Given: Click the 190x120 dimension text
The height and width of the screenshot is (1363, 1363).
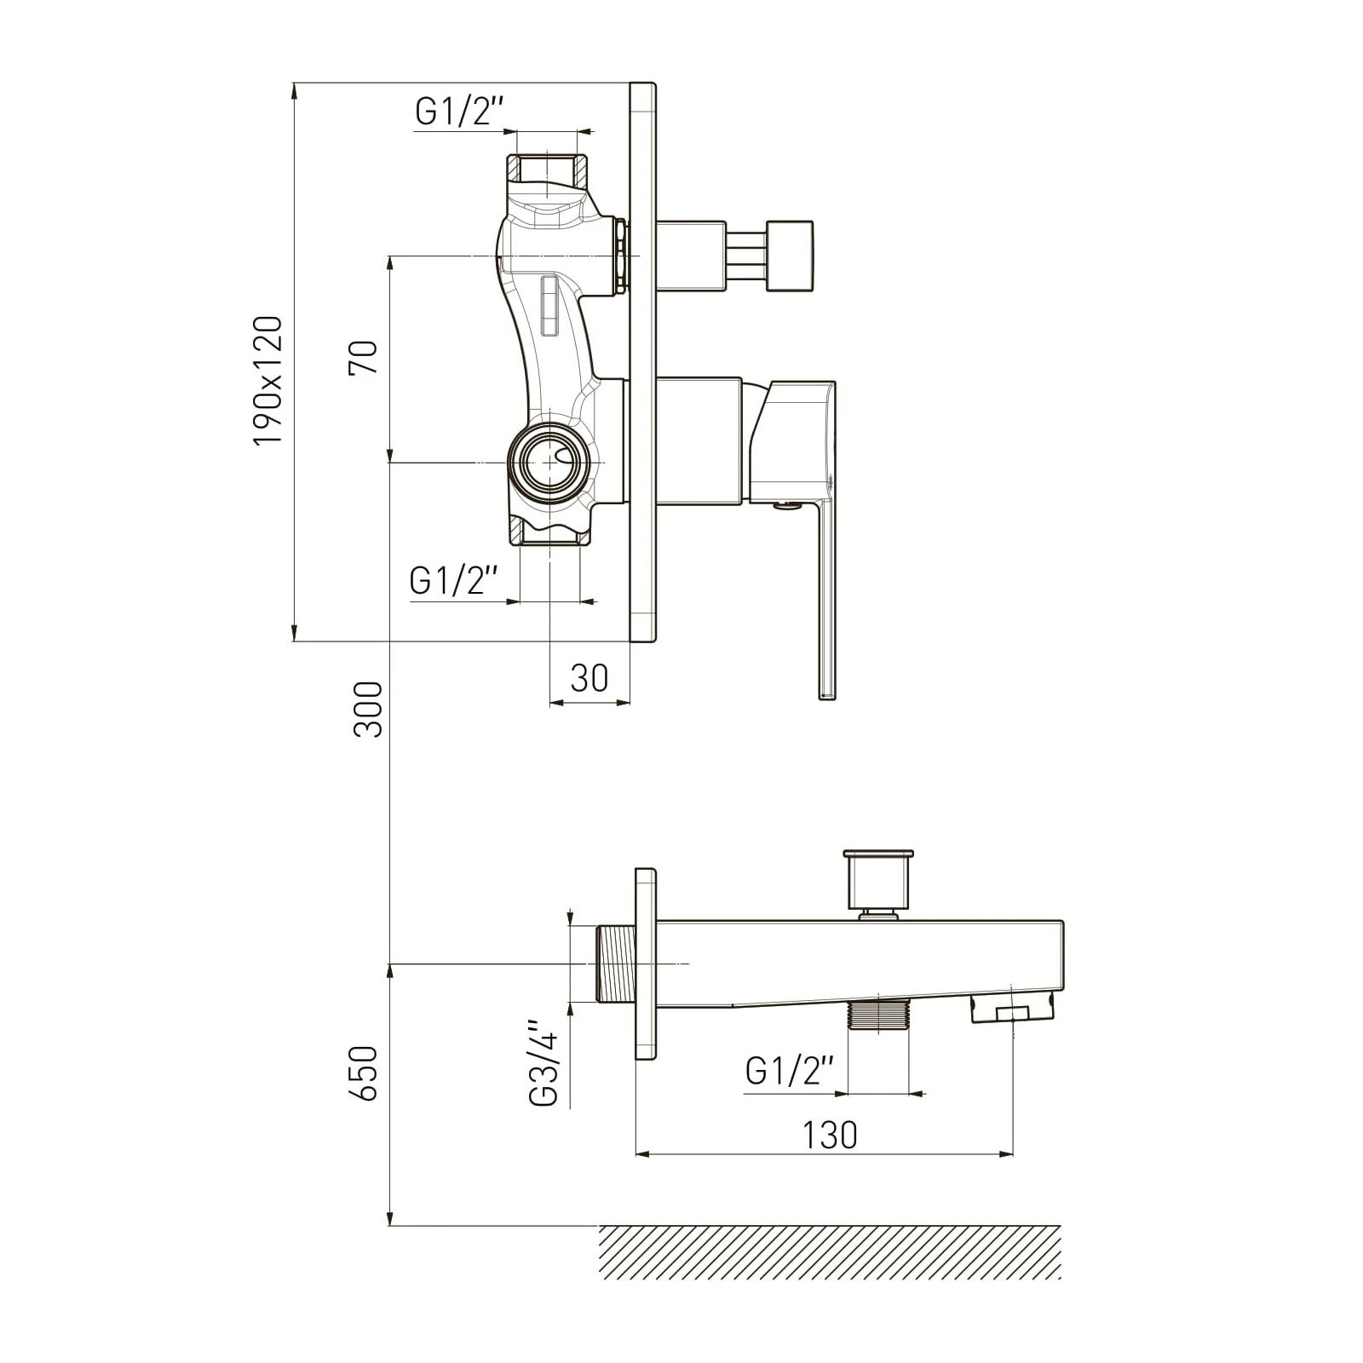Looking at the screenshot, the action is (267, 380).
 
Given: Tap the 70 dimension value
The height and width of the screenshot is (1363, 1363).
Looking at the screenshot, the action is (363, 357).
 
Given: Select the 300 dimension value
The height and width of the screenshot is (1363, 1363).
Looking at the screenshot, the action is (369, 709).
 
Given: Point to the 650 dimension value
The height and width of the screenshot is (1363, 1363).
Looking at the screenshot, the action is (364, 1073).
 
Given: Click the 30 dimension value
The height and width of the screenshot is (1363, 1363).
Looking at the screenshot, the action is (589, 678).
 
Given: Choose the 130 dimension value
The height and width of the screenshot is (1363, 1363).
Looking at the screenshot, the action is (830, 1135).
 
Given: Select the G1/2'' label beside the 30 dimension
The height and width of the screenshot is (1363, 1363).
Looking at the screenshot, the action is (453, 581).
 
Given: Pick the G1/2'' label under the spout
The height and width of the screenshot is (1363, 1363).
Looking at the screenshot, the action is (789, 1071).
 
